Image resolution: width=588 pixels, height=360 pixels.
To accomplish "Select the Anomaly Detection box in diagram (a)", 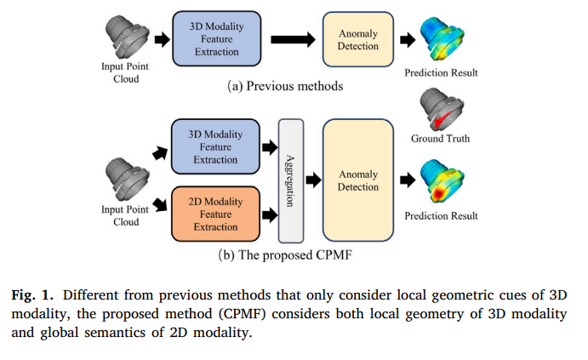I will [358, 39].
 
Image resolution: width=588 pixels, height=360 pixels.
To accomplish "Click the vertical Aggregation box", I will [291, 181].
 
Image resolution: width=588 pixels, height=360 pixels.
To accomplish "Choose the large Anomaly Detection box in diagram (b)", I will [358, 180].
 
